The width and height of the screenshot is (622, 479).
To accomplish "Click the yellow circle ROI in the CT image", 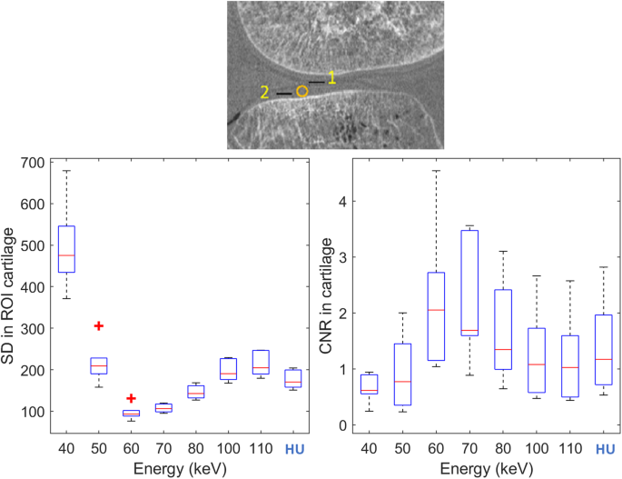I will click(302, 91).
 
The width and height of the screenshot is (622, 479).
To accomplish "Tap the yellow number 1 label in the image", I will click(332, 78).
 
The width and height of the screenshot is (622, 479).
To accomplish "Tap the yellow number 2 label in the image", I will click(264, 93).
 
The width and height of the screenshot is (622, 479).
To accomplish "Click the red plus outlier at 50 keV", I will click(99, 325).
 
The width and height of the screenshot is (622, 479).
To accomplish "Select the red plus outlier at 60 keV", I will click(131, 398).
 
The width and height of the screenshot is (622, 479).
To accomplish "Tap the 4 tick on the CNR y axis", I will click(341, 201).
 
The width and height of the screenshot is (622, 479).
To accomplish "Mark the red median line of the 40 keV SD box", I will click(67, 255).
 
